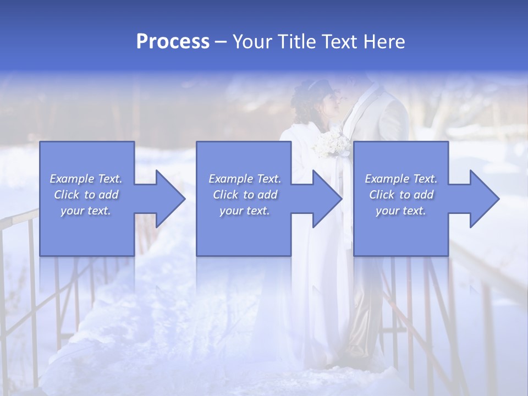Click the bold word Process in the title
[173, 42]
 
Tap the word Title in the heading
[295, 42]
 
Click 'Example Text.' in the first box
[86, 179]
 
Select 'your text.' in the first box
[86, 211]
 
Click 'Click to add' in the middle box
[245, 195]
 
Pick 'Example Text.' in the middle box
[245, 179]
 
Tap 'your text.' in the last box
[401, 211]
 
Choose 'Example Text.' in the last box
[401, 179]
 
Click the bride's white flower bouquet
[331, 145]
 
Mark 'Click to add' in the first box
[86, 195]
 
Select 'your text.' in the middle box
[245, 211]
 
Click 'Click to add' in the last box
[401, 195]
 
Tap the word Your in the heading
[253, 42]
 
